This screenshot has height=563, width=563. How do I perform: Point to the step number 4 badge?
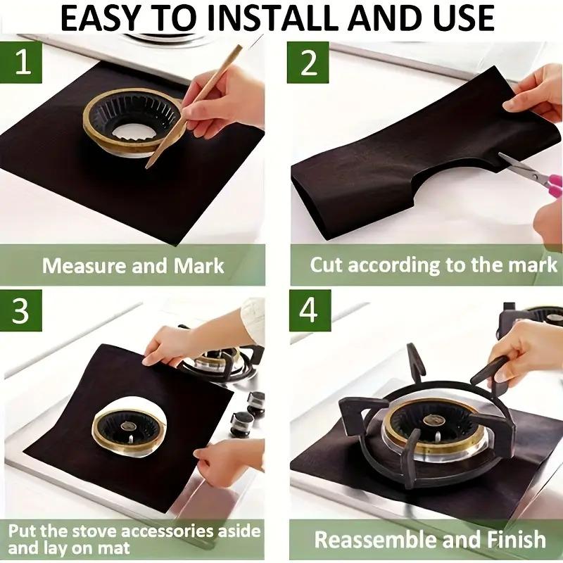(x=309, y=310)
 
